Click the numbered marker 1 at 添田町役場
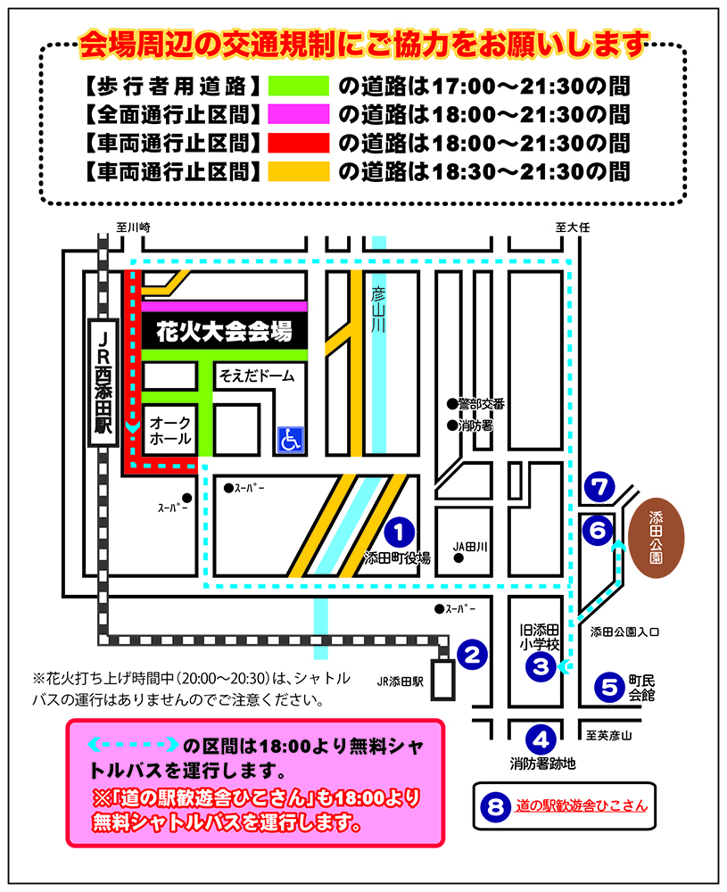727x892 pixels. [x=400, y=533]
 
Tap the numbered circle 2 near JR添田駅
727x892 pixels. [x=472, y=655]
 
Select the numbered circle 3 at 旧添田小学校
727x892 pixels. [x=541, y=666]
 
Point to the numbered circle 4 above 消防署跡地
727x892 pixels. [x=541, y=739]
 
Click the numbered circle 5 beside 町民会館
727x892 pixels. [x=610, y=687]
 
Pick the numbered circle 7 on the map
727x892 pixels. [x=599, y=488]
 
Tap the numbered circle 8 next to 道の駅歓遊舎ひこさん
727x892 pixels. [x=496, y=806]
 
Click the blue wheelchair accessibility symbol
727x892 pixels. [x=291, y=440]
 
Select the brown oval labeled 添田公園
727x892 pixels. [x=657, y=538]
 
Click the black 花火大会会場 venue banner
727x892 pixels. [x=225, y=331]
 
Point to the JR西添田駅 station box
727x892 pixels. [x=103, y=383]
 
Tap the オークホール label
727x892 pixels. [x=170, y=431]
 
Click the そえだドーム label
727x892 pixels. [x=257, y=376]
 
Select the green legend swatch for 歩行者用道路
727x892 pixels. [x=299, y=86]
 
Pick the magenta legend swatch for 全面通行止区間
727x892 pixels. [x=299, y=114]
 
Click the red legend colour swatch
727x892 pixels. [x=299, y=143]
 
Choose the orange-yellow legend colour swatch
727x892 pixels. [x=299, y=171]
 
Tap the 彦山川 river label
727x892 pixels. [x=378, y=310]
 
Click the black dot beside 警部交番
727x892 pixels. [x=452, y=404]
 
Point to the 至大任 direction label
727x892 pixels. [x=573, y=227]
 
